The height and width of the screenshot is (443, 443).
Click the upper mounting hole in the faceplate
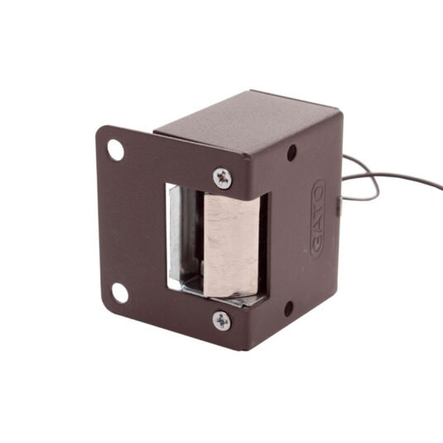(116, 150)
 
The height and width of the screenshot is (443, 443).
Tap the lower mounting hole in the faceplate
(120, 293)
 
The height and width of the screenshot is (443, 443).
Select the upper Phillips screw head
(223, 178)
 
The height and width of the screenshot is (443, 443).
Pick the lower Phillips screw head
(222, 321)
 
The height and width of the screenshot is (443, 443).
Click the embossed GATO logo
(318, 219)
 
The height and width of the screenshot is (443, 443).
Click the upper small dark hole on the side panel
(291, 153)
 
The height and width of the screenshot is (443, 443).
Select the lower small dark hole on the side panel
(288, 309)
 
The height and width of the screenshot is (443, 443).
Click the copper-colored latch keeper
(232, 245)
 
